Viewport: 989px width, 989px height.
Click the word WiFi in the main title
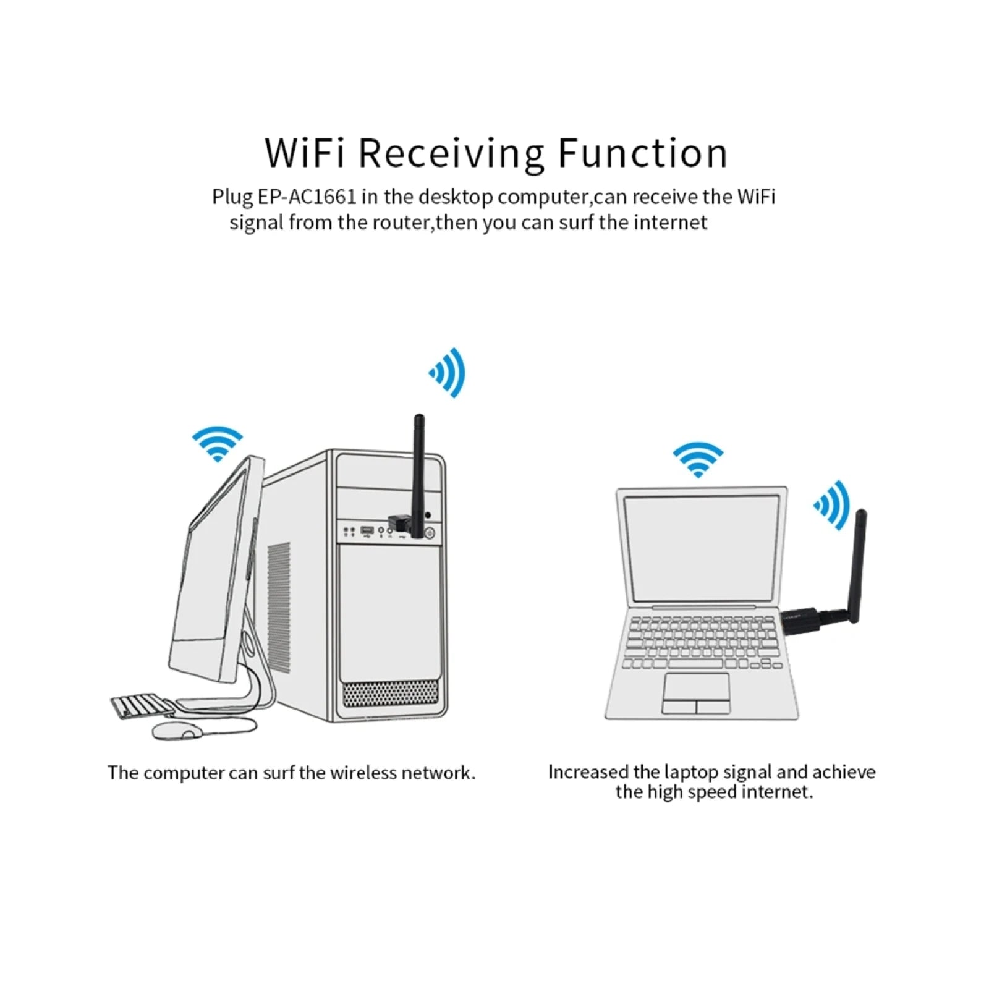304,153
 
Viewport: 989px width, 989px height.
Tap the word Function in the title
642,153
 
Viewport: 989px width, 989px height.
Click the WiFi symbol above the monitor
217,443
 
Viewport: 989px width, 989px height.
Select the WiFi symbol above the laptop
698,459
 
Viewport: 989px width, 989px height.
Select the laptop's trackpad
696,693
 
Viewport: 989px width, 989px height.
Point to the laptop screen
702,548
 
